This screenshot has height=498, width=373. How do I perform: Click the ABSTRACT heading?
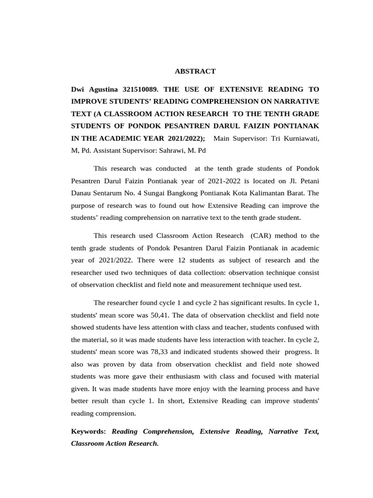point(195,71)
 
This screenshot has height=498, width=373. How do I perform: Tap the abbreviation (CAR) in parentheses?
point(263,235)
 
